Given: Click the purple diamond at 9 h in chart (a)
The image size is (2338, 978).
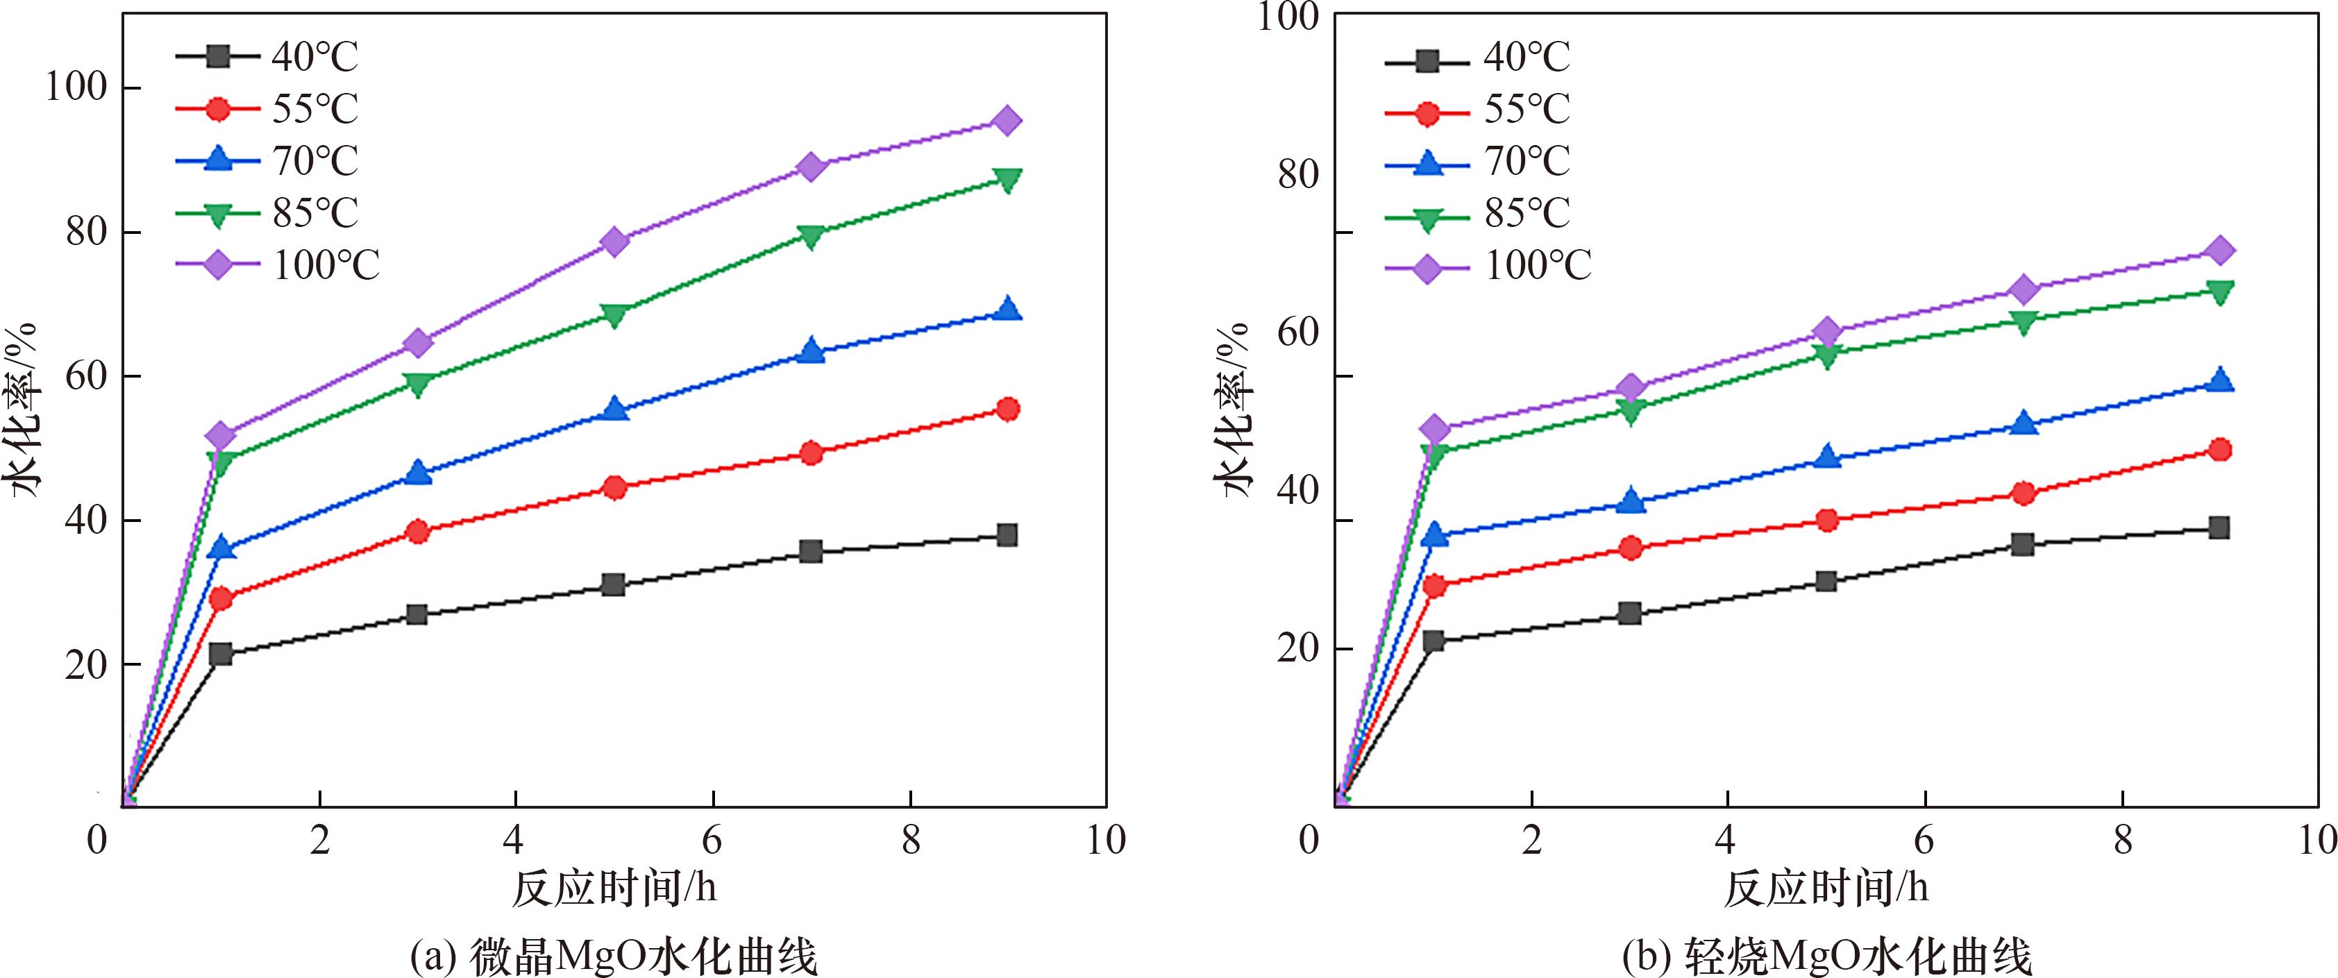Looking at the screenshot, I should coord(1007,121).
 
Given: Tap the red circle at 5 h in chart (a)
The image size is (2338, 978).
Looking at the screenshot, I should coord(614,488).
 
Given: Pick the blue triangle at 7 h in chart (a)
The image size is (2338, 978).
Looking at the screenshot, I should coord(811,351).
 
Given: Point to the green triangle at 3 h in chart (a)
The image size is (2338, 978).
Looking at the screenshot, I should coord(417,385).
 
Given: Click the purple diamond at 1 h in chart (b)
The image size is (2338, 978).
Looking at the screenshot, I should coord(1434,428).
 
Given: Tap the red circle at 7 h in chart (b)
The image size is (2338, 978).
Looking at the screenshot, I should coord(2023,494).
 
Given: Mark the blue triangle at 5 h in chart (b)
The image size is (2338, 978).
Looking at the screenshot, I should coord(1827,456).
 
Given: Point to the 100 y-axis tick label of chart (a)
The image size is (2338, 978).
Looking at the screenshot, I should coord(76,88).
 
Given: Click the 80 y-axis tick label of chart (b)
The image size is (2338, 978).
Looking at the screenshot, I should coord(1298,174).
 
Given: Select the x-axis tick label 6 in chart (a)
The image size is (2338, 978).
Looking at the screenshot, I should coord(712,840).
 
